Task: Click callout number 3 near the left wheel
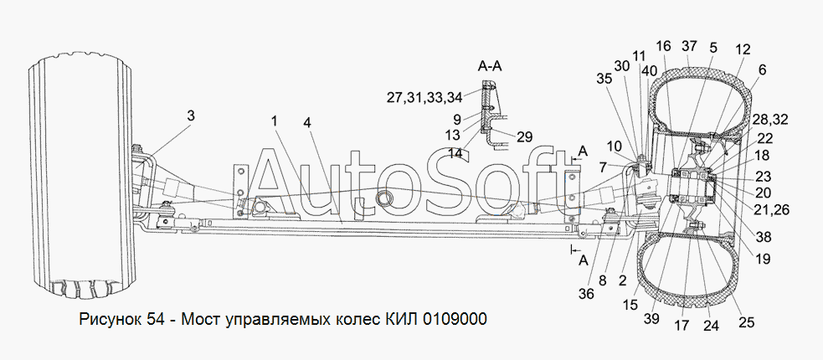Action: (x=191, y=116)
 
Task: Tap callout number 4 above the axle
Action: (x=306, y=123)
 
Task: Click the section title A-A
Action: (x=490, y=66)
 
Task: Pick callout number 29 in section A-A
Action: (x=524, y=136)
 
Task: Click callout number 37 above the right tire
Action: (x=689, y=46)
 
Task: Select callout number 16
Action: (x=663, y=46)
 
